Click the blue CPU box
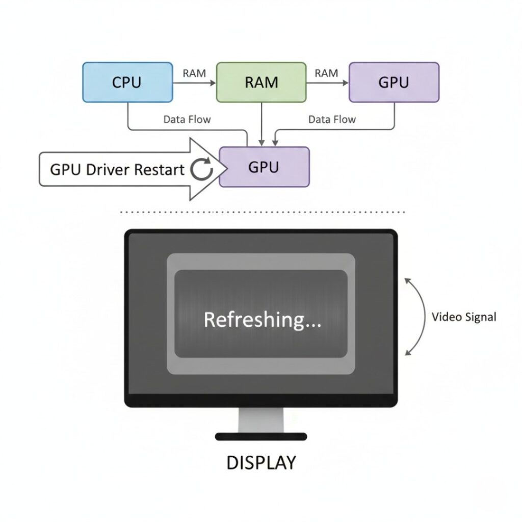click(127, 82)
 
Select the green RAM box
click(261, 82)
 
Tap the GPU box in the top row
click(394, 82)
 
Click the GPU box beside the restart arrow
click(264, 167)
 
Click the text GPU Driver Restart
click(117, 170)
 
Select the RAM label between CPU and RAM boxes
click(194, 73)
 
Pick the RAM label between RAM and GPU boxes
click(326, 73)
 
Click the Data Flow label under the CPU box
click(187, 119)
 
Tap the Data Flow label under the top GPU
click(332, 119)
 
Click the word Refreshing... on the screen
click(263, 320)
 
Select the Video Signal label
click(463, 317)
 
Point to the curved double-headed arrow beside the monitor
click(424, 317)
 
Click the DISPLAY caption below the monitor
click(261, 463)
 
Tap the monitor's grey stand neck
click(261, 420)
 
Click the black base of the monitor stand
click(261, 436)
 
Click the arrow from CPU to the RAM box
click(195, 82)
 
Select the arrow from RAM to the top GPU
click(327, 82)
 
